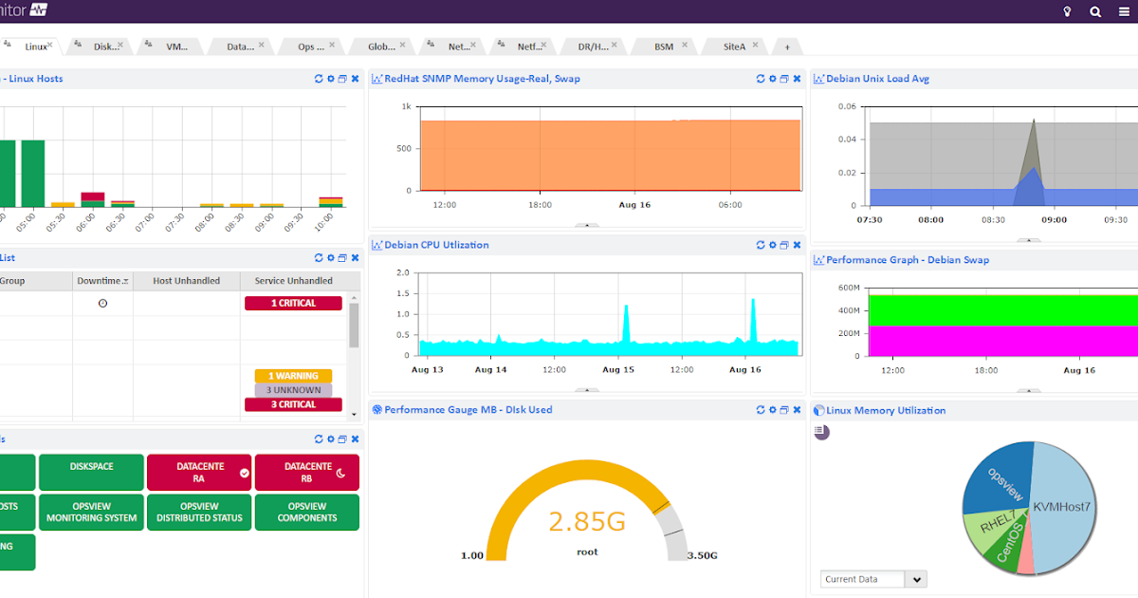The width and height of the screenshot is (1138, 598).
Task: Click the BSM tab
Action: pyautogui.click(x=664, y=47)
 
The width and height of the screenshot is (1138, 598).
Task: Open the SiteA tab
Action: pyautogui.click(x=734, y=47)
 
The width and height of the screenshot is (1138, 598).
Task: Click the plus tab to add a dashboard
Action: pyautogui.click(x=786, y=47)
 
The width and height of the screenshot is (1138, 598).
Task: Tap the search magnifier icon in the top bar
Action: pyautogui.click(x=1095, y=11)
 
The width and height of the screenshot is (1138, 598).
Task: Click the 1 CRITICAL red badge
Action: pyautogui.click(x=293, y=304)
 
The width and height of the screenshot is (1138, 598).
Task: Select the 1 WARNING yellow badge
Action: pyautogui.click(x=293, y=376)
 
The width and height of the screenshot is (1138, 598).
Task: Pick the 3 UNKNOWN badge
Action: pyautogui.click(x=293, y=390)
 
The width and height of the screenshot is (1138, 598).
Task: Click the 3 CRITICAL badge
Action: pyautogui.click(x=293, y=404)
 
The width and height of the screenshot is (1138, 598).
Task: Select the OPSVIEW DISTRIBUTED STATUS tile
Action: pyautogui.click(x=199, y=513)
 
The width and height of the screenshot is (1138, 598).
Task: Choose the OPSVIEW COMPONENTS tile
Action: pyautogui.click(x=307, y=513)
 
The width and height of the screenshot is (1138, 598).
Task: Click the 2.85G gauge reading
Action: pyautogui.click(x=587, y=521)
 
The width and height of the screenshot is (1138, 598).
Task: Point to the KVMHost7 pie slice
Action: pyautogui.click(x=1061, y=507)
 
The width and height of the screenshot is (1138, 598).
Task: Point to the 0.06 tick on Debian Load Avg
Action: pyautogui.click(x=846, y=106)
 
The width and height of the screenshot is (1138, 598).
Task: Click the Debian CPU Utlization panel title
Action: pyautogui.click(x=436, y=245)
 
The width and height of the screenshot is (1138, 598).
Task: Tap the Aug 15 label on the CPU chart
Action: pyautogui.click(x=617, y=369)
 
